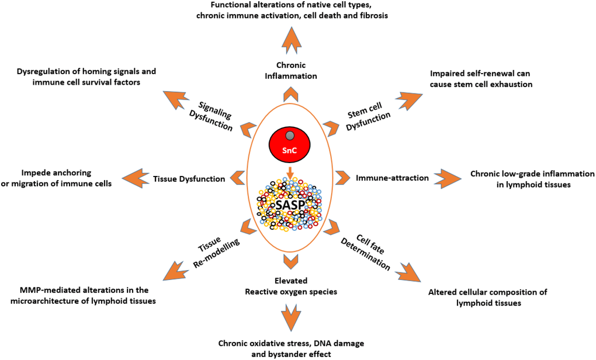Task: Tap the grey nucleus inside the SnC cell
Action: (x=290, y=136)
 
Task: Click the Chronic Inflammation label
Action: (x=291, y=71)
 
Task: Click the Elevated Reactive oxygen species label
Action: (x=291, y=286)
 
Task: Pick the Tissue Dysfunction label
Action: (x=189, y=179)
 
